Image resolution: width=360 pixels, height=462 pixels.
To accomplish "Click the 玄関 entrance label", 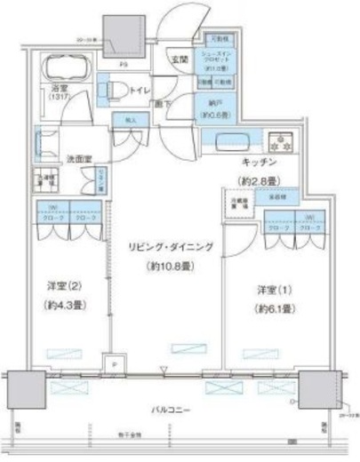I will [x=177, y=60].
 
